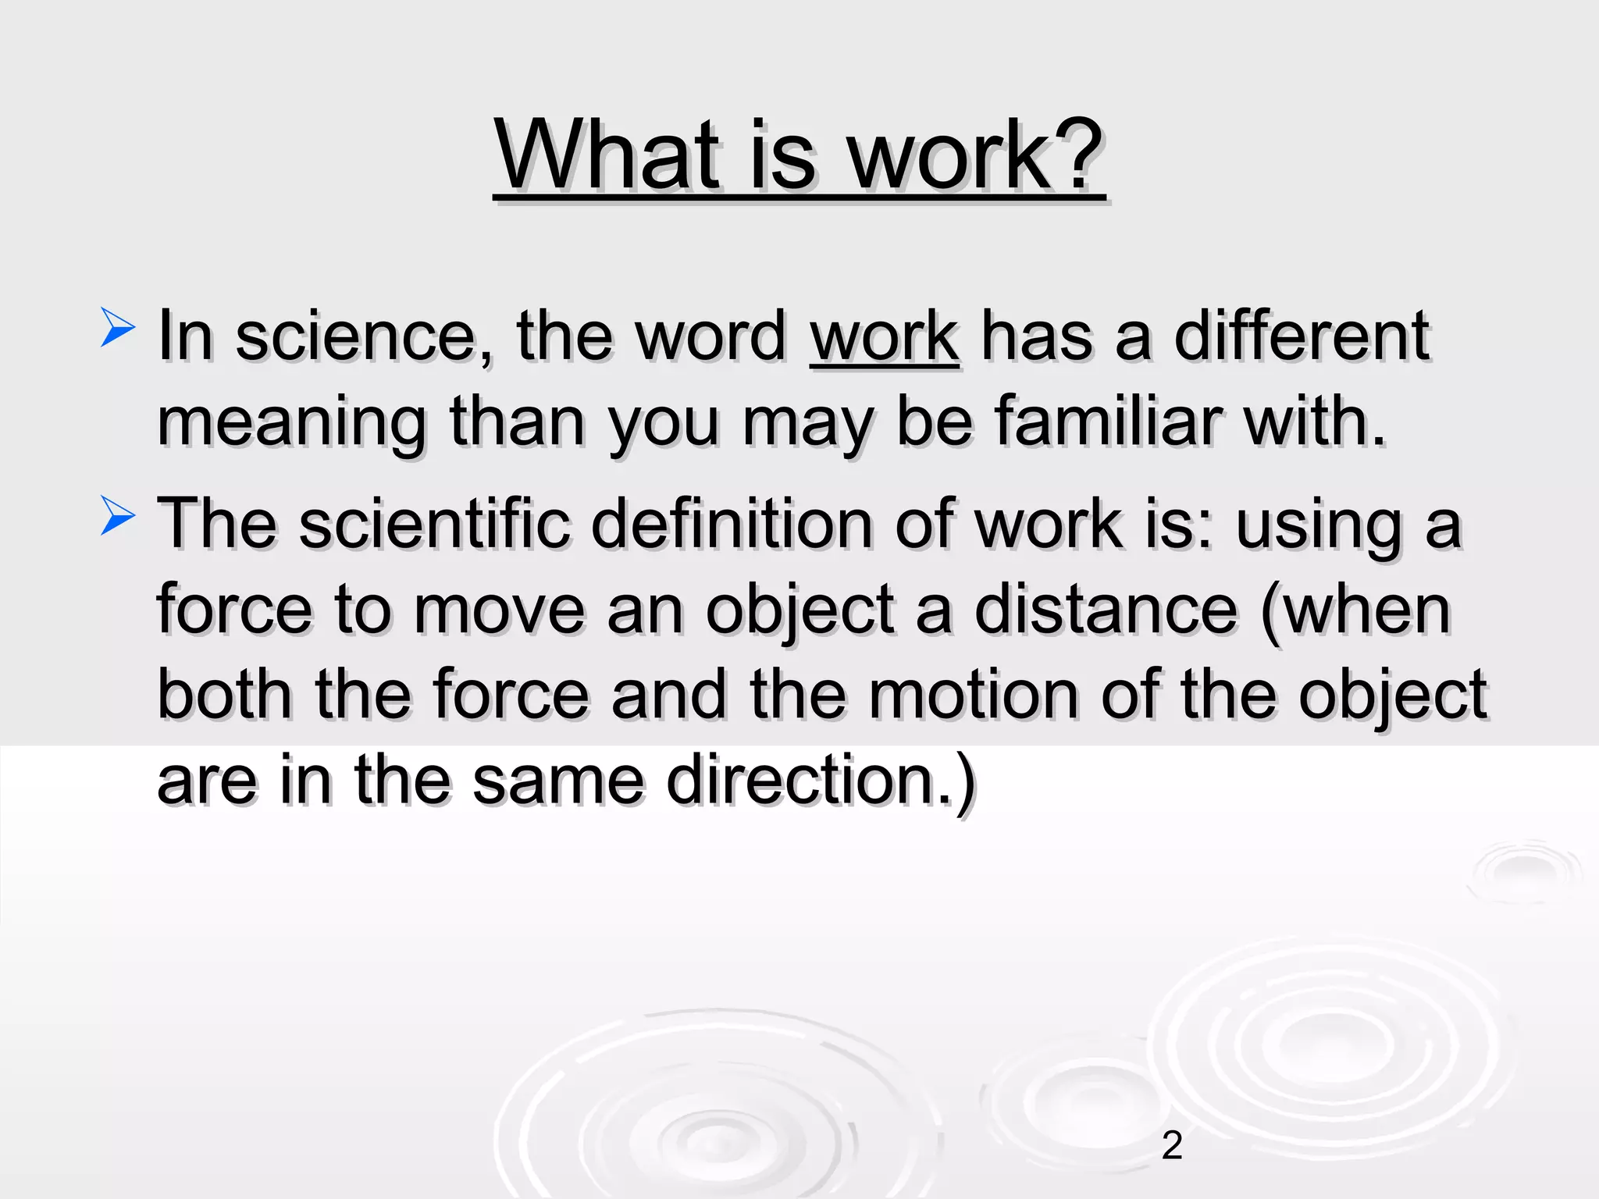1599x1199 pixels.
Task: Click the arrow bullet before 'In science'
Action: click(118, 328)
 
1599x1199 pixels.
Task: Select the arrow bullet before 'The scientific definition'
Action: click(118, 517)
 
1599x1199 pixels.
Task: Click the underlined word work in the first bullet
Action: click(884, 337)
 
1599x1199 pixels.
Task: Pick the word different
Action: click(1302, 337)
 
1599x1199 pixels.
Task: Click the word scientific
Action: click(434, 525)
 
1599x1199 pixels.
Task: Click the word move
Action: click(499, 610)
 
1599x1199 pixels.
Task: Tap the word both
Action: click(225, 695)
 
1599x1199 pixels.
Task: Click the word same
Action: click(558, 781)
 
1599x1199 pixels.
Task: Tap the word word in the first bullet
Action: click(710, 337)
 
